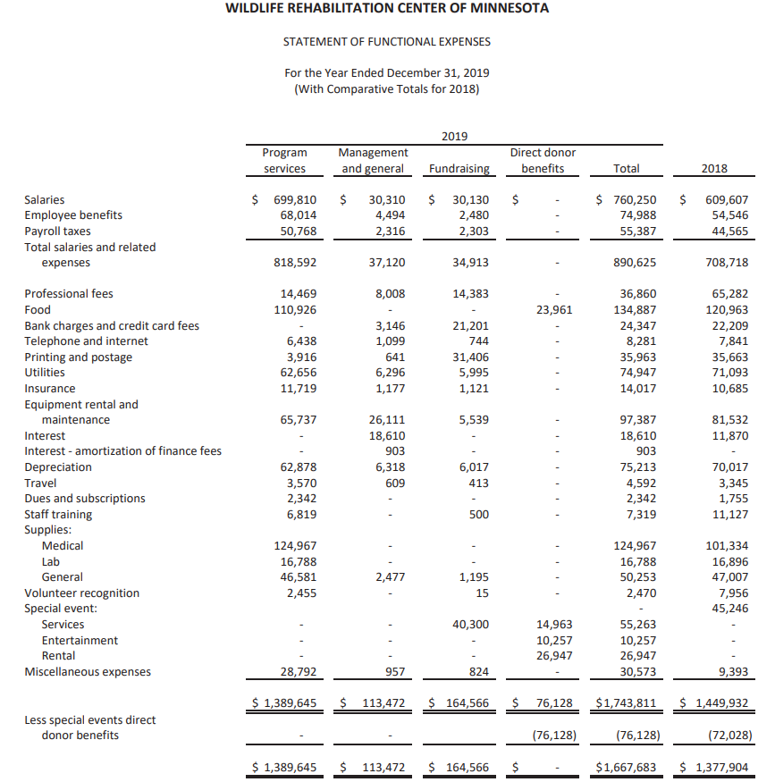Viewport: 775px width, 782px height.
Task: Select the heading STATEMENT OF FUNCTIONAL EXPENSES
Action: point(386,42)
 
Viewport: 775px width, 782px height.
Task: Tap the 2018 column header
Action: point(714,168)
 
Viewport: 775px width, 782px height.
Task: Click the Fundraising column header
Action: point(459,168)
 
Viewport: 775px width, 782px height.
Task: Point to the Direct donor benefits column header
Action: point(543,160)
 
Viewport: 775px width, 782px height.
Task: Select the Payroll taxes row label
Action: point(58,231)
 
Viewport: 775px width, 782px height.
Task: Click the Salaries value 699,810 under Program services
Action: point(294,200)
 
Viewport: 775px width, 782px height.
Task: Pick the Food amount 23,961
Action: point(553,310)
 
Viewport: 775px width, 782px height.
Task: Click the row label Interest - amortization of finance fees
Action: point(122,451)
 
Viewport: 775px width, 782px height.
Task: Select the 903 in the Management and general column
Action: point(393,451)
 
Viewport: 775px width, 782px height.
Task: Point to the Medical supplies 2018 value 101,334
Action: point(727,546)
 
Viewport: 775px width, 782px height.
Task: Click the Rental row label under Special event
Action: point(59,656)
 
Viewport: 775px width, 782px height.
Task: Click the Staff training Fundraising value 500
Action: point(478,515)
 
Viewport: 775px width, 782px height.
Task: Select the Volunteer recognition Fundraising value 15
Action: point(482,593)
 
